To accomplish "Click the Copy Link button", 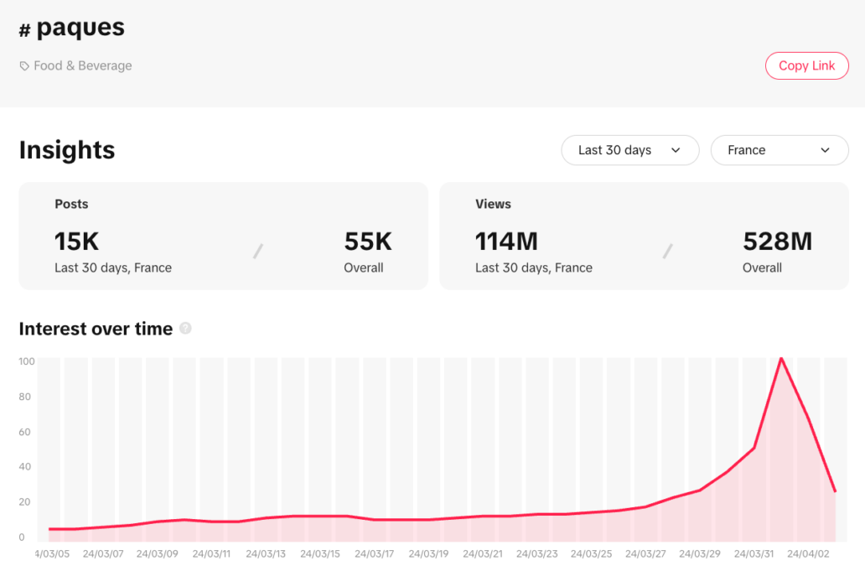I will click(806, 65).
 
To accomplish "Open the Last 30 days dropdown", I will click(629, 150).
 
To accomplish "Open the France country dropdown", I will click(779, 150).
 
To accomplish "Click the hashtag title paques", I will click(80, 28).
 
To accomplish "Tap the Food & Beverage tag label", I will click(82, 65).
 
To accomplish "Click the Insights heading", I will click(67, 150).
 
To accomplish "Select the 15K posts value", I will click(77, 241).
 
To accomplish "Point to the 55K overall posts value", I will click(368, 241).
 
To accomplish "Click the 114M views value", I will click(506, 241).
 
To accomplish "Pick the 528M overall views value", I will click(777, 241).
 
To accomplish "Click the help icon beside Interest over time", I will click(185, 329).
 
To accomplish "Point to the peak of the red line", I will click(781, 359).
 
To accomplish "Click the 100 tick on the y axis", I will click(27, 361).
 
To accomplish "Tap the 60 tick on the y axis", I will click(27, 432).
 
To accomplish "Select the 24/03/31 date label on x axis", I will click(754, 554).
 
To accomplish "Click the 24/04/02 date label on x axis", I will click(808, 554).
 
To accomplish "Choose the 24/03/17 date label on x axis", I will click(375, 554).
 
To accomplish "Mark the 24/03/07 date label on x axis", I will click(104, 554).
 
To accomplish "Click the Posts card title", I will click(71, 204).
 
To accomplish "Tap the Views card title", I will click(493, 204).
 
